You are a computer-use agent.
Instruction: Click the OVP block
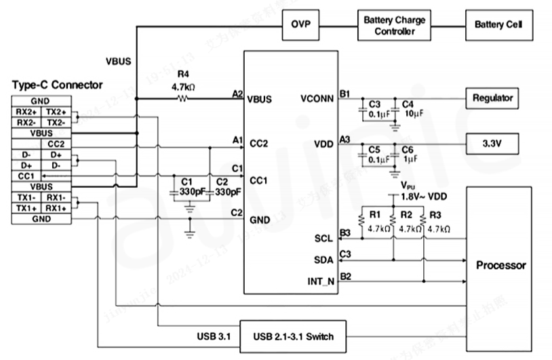pyautogui.click(x=300, y=25)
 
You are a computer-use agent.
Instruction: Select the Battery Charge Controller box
pyautogui.click(x=394, y=26)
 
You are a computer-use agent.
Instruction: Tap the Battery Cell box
pyautogui.click(x=498, y=25)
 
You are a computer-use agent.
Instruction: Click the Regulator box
pyautogui.click(x=493, y=98)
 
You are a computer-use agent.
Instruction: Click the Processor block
pyautogui.click(x=501, y=265)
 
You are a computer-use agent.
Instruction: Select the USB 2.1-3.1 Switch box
pyautogui.click(x=293, y=336)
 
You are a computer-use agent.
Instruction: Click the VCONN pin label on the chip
pyautogui.click(x=317, y=99)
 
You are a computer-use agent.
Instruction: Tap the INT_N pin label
pyautogui.click(x=320, y=281)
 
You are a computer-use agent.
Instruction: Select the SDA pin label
pyautogui.click(x=323, y=260)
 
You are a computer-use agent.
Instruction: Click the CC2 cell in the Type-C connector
pyautogui.click(x=56, y=144)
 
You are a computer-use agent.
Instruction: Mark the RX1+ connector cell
pyautogui.click(x=56, y=208)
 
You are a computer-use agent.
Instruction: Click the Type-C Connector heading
pyautogui.click(x=58, y=85)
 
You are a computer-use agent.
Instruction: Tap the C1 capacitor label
pyautogui.click(x=187, y=182)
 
